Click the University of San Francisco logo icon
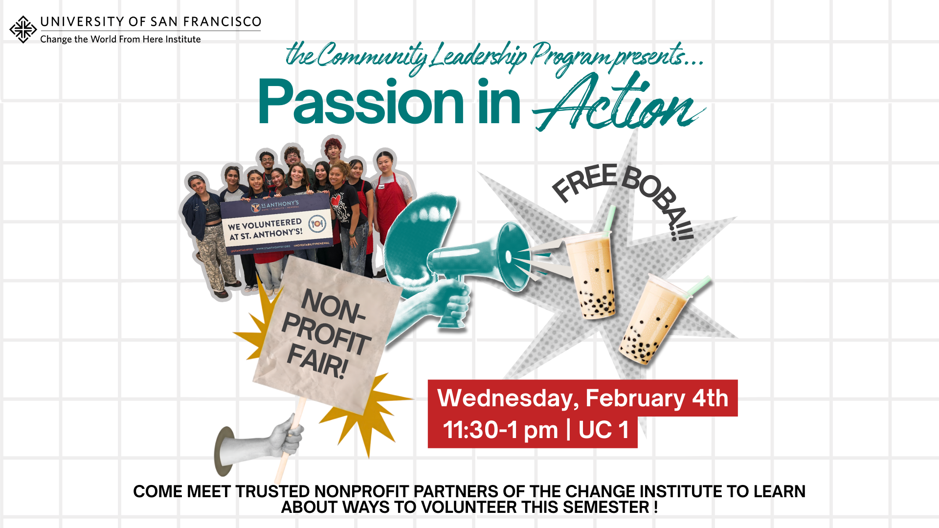coord(23,29)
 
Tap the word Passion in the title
coord(360,103)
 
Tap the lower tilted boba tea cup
coord(650,323)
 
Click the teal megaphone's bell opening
coord(514,257)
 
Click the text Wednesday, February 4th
coord(582,398)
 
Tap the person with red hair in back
coord(334,149)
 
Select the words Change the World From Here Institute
coord(120,39)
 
